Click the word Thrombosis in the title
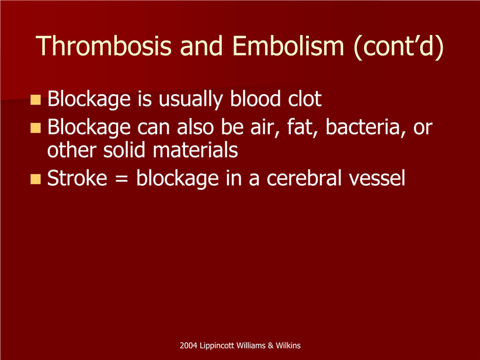(103, 46)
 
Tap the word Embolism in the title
(288, 46)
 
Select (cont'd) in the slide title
(399, 47)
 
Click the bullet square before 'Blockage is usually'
(36, 100)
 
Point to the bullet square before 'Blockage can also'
(36, 128)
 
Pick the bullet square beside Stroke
(36, 179)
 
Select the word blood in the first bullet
(255, 99)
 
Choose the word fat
(302, 127)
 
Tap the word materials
(195, 150)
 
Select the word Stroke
(77, 178)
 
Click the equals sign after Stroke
(122, 178)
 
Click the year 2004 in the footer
(188, 345)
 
